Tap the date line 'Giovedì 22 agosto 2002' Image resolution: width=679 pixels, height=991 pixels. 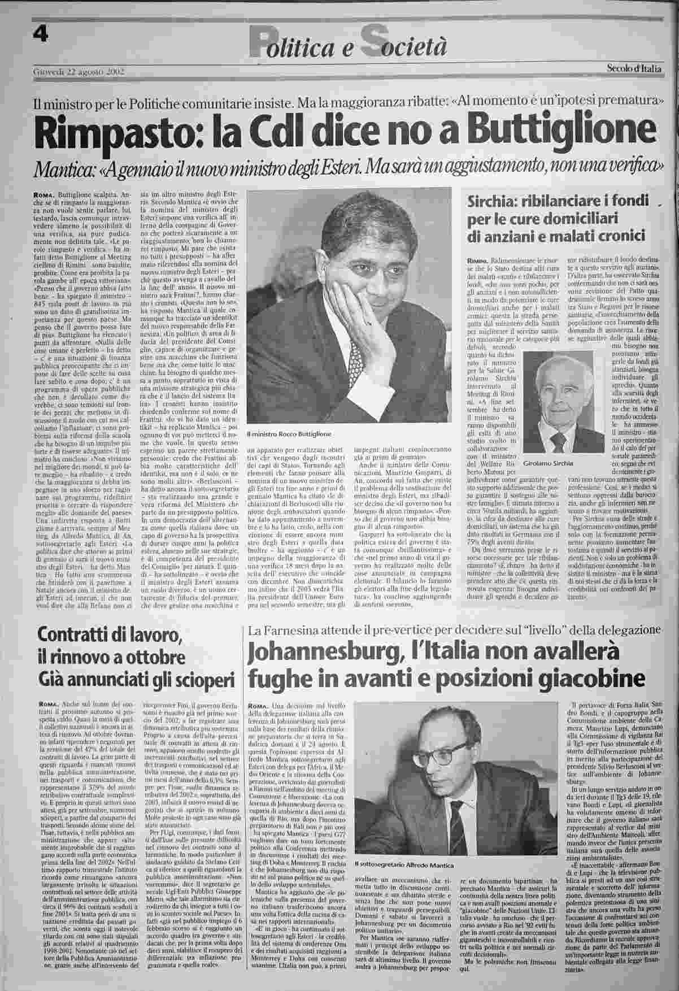point(79,72)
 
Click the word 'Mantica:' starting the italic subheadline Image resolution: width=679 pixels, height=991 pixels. point(66,168)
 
